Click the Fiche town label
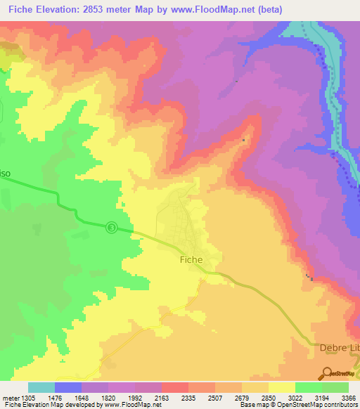[x=187, y=259]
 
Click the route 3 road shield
[x=112, y=227]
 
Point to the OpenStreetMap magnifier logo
[x=328, y=373]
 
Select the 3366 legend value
[x=348, y=397]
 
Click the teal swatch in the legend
[x=41, y=387]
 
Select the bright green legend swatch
[x=308, y=387]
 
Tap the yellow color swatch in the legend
[x=281, y=387]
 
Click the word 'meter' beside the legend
[x=10, y=397]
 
